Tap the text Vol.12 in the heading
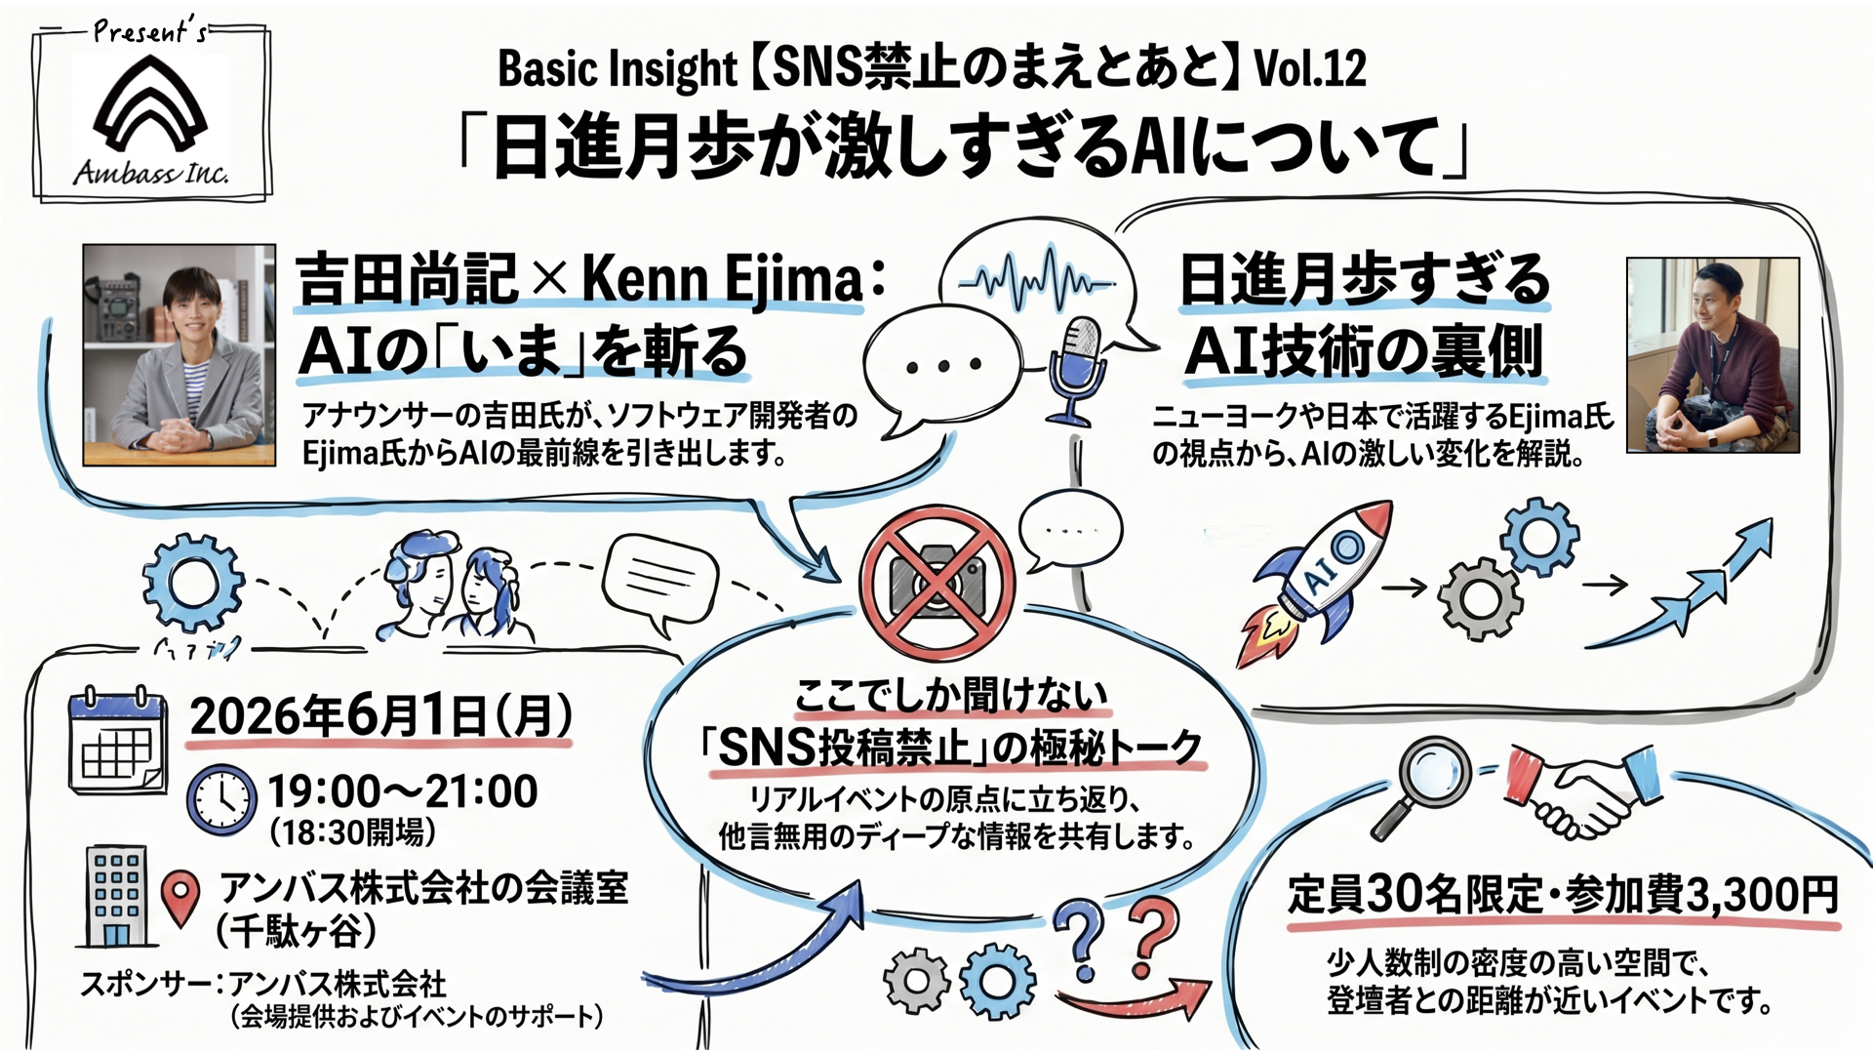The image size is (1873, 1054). [x=1309, y=68]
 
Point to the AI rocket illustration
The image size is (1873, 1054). [x=1314, y=580]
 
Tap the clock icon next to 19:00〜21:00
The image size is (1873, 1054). [x=221, y=799]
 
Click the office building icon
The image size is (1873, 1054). [x=117, y=896]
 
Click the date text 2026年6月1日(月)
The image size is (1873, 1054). [x=381, y=716]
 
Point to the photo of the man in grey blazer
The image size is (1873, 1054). [x=179, y=355]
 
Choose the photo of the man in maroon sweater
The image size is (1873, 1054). [x=1713, y=355]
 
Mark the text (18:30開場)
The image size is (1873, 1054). [x=352, y=831]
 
